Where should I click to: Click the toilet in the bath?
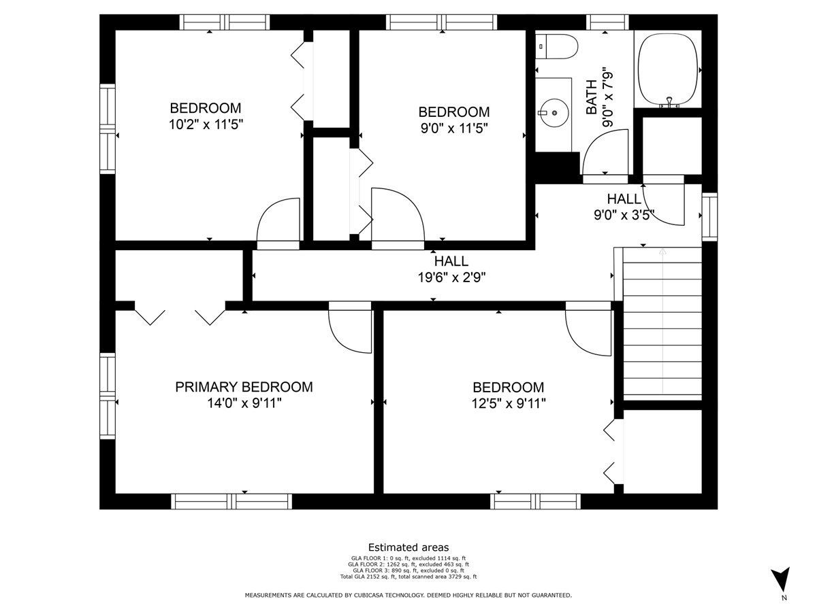(x=556, y=46)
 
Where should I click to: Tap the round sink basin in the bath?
(x=554, y=113)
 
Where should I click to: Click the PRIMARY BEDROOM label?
(x=244, y=387)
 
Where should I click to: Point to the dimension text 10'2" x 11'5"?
(x=206, y=124)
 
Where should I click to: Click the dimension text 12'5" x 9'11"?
(x=509, y=403)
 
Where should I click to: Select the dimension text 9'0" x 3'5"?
(x=624, y=215)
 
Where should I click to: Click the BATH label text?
(x=591, y=97)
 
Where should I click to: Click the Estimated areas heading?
(x=408, y=547)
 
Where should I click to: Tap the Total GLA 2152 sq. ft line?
(x=408, y=577)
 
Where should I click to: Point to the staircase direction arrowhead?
(x=662, y=252)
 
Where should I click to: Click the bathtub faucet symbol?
(x=669, y=102)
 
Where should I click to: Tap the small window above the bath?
(x=607, y=22)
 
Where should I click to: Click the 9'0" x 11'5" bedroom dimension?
(x=453, y=129)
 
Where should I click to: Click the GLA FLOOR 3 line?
(x=408, y=571)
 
